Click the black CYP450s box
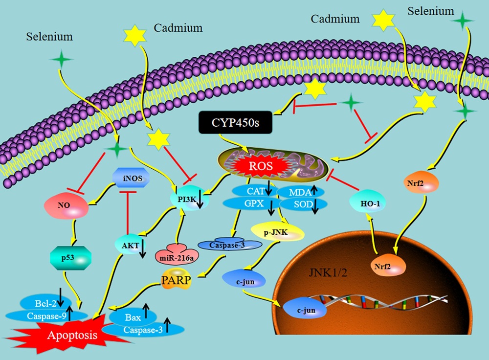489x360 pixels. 236,122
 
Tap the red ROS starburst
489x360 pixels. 261,166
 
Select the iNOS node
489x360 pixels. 131,178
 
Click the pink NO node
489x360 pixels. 66,206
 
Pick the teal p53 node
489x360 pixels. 71,258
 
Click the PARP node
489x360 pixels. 176,279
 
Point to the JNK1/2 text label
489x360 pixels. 328,272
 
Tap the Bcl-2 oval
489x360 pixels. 45,303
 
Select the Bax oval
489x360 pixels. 133,317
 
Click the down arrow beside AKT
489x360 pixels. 142,248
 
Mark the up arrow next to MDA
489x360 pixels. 314,190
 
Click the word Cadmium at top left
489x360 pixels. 178,28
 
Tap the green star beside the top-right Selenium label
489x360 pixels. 462,21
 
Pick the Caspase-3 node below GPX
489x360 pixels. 230,245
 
